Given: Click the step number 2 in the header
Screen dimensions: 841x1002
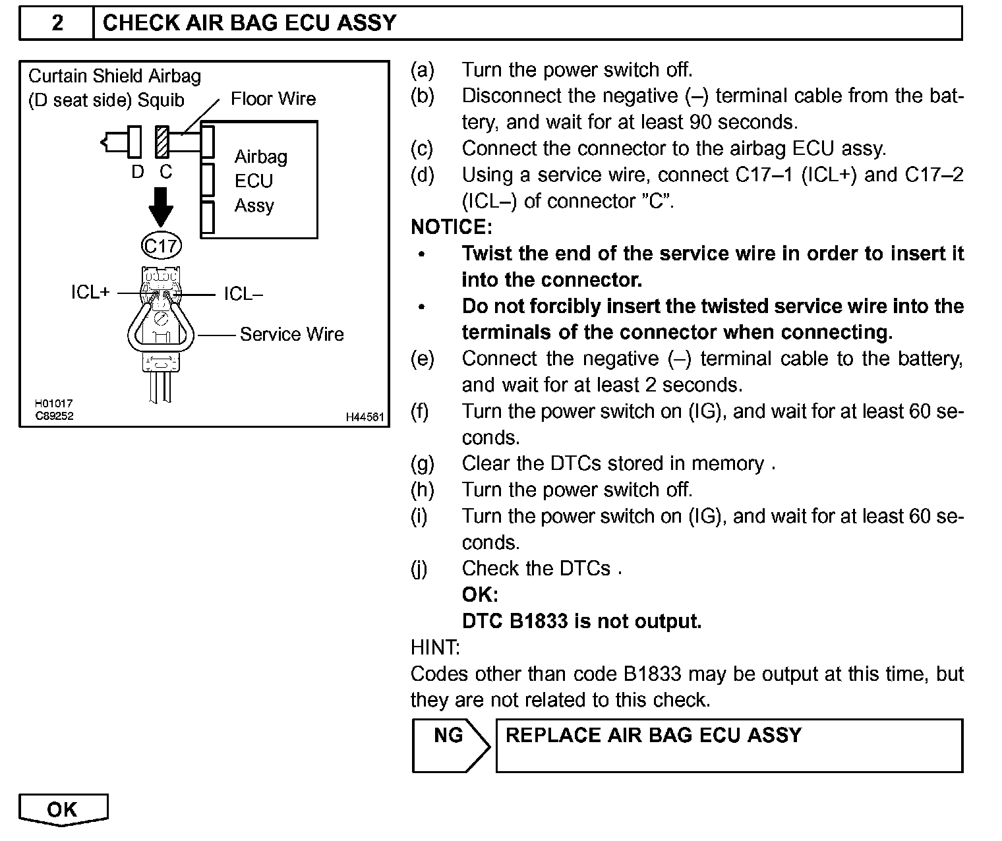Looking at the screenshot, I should pyautogui.click(x=57, y=23).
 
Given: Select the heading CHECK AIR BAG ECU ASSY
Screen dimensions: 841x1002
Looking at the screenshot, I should pyautogui.click(x=250, y=23).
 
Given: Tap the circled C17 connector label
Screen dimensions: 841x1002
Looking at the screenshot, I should pyautogui.click(x=161, y=246).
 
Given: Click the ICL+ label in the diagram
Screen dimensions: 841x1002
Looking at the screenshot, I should pyautogui.click(x=90, y=293).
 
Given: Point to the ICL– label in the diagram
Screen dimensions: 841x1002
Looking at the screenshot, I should pyautogui.click(x=243, y=294).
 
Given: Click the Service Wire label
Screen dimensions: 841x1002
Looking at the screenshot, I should pyautogui.click(x=291, y=334).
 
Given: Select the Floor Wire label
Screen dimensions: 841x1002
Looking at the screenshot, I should pyautogui.click(x=273, y=99).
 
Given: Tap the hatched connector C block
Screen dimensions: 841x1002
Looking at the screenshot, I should pyautogui.click(x=162, y=141).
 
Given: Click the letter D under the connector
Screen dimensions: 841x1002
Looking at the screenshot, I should pyautogui.click(x=137, y=172).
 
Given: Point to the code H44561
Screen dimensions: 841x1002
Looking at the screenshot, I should pyautogui.click(x=365, y=417).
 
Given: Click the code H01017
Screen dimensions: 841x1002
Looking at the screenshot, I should pyautogui.click(x=54, y=403).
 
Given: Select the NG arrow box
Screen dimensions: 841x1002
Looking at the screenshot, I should pyautogui.click(x=450, y=745).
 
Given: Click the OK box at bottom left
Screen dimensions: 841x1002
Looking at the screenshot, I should pyautogui.click(x=63, y=809).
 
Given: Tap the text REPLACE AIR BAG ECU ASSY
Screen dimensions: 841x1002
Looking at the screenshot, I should pyautogui.click(x=653, y=735).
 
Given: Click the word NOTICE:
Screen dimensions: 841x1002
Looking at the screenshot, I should pyautogui.click(x=452, y=227).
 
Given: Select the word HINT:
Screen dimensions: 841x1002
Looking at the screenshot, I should pyautogui.click(x=435, y=647).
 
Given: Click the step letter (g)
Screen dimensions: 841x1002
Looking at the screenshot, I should pyautogui.click(x=422, y=464).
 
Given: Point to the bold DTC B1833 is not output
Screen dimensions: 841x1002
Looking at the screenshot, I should pyautogui.click(x=581, y=621).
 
